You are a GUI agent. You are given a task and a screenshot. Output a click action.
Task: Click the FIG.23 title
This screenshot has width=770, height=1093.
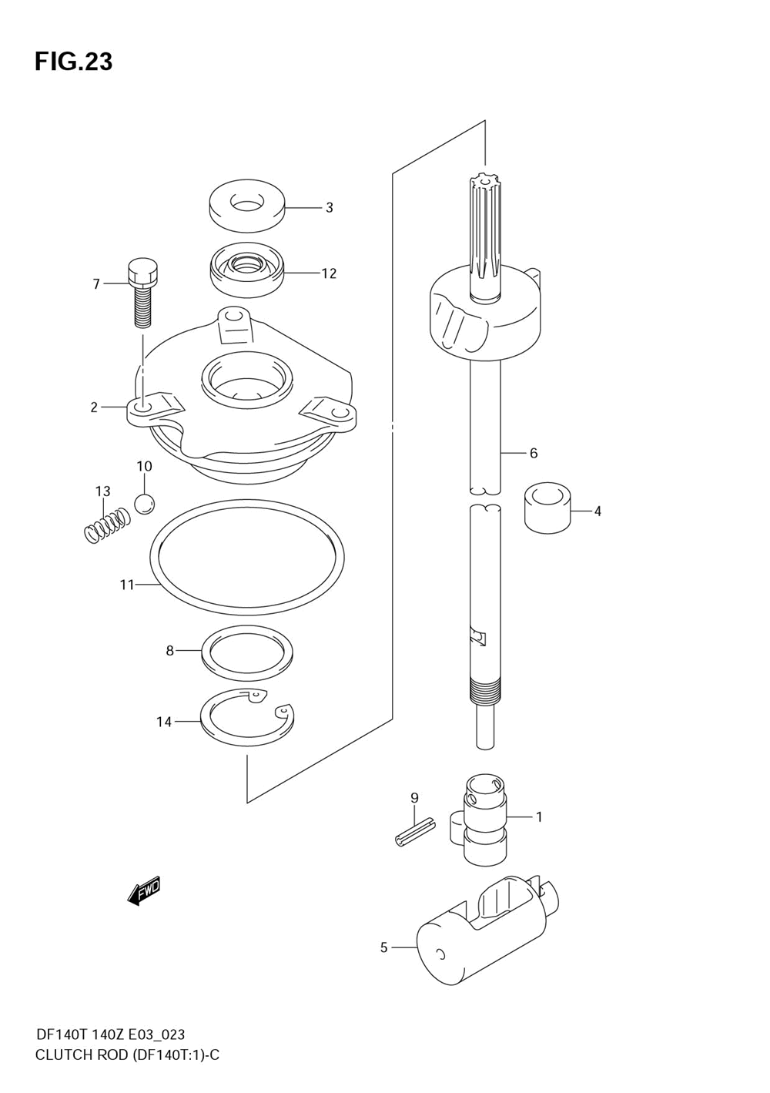tap(73, 62)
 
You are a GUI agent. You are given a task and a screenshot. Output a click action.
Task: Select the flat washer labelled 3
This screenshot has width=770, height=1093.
tap(246, 206)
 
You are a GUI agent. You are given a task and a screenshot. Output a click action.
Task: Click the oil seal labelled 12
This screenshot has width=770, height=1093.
tap(246, 270)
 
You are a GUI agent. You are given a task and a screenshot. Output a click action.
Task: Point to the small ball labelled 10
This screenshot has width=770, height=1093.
tap(144, 504)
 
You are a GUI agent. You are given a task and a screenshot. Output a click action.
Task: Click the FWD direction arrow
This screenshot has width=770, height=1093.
tap(143, 891)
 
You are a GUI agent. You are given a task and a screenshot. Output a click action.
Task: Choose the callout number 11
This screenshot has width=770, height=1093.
tap(127, 585)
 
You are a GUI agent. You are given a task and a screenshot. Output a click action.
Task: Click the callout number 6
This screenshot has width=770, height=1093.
tap(533, 453)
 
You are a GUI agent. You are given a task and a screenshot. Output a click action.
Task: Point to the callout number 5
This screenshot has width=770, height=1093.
tap(383, 947)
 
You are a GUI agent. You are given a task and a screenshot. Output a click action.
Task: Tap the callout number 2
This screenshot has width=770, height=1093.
tap(94, 407)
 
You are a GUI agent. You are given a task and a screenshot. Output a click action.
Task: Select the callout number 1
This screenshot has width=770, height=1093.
tap(539, 816)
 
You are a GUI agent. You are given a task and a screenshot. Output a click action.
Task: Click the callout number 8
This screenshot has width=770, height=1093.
tap(169, 651)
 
